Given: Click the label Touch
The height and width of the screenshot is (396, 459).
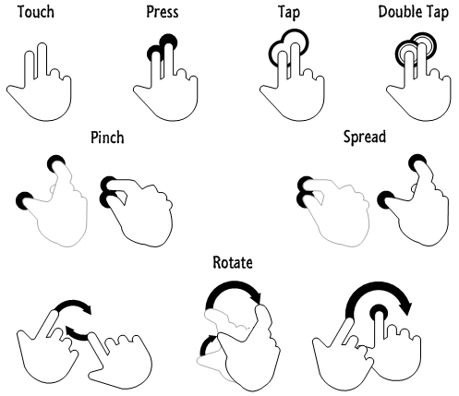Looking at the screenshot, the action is (x=36, y=12).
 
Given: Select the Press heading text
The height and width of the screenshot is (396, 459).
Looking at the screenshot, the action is (x=163, y=12).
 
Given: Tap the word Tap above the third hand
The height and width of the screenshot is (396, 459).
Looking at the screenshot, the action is (x=289, y=13).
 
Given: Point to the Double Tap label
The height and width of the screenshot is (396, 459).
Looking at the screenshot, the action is (x=413, y=13).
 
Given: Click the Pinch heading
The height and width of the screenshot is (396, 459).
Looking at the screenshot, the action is (x=107, y=138).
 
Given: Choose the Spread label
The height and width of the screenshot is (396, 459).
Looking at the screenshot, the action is (x=365, y=138).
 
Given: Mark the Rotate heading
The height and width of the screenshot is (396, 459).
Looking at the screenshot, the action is (x=233, y=262).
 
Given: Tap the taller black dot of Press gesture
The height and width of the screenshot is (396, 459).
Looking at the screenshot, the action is (x=169, y=41).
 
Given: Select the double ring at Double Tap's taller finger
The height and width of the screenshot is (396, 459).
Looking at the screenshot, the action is (x=423, y=43).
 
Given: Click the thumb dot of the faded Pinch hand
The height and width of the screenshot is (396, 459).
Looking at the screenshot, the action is (x=24, y=201).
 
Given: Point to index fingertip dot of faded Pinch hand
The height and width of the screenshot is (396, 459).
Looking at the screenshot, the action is (x=56, y=163).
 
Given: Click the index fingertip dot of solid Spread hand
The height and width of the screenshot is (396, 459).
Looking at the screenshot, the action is (x=417, y=162).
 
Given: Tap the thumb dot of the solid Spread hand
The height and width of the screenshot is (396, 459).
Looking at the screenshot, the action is (x=386, y=199).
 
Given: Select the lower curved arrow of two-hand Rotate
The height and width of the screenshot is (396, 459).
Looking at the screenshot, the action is (x=78, y=335).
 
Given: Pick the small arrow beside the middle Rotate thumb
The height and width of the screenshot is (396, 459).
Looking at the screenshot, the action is (x=206, y=343).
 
